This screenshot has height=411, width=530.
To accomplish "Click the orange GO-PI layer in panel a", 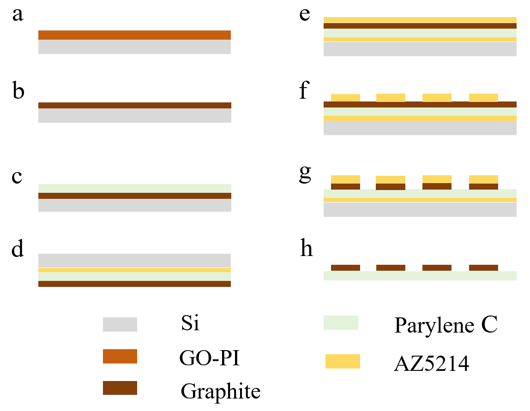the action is [134, 35].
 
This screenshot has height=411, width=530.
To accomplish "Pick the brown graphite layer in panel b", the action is [134, 105].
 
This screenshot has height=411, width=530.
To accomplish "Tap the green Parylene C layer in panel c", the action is [134, 189].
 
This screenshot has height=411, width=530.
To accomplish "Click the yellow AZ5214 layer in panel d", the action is [134, 270].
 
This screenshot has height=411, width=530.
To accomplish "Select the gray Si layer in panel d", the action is [134, 261].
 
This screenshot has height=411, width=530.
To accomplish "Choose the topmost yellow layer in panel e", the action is [420, 20].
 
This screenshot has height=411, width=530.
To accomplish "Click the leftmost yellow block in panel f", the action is [345, 98].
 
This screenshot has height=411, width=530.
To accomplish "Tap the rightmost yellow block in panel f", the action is [483, 98].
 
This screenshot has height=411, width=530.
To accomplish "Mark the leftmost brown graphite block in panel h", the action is [345, 268].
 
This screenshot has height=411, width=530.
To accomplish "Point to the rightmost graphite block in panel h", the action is [483, 268].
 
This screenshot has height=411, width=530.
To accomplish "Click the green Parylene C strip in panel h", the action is [420, 275].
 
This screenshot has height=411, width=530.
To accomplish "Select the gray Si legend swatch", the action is [120, 324].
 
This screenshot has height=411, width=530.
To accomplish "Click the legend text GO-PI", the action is [210, 358].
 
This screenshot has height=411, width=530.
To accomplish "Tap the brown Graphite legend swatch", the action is [120, 387].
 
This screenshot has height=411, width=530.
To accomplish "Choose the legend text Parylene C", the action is [446, 325].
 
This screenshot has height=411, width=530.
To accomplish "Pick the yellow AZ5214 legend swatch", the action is [343, 361].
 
